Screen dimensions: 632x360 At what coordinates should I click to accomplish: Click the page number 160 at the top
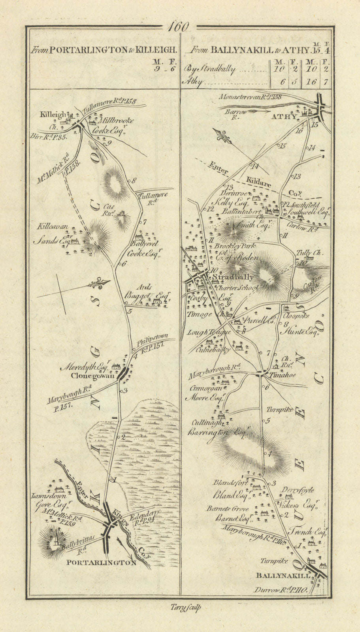pyautogui.click(x=178, y=27)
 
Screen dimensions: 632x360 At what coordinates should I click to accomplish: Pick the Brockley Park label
pyautogui.click(x=235, y=246)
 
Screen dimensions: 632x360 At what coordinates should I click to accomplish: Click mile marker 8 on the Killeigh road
pyautogui.click(x=134, y=181)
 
